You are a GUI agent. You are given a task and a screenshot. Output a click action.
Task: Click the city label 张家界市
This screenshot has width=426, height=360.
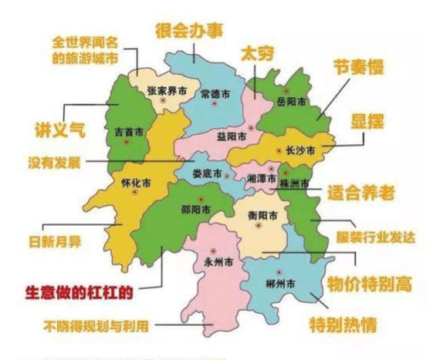[x=166, y=92]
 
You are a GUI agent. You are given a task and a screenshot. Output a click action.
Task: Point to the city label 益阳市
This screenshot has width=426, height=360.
[x=231, y=136]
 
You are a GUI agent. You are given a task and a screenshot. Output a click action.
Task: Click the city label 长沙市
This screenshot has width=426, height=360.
[x=300, y=151]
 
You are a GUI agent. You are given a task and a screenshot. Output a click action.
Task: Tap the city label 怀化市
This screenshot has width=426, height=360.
[x=137, y=186]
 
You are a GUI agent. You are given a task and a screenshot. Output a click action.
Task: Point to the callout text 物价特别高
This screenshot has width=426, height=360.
[x=367, y=284]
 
